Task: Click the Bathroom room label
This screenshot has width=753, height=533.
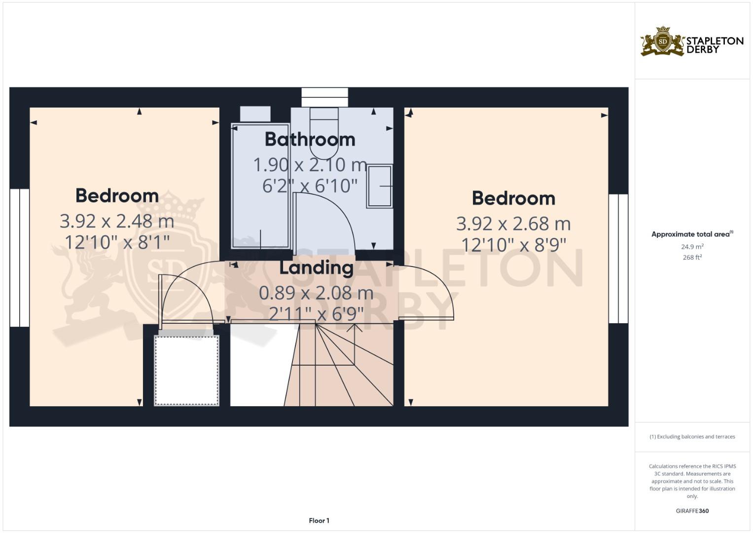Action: (310, 139)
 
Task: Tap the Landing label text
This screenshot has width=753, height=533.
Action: (316, 268)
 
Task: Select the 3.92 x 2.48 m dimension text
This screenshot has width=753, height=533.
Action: (117, 222)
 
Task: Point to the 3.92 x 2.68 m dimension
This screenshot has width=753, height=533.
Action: (513, 224)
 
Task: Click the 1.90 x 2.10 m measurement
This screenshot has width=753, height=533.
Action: (310, 165)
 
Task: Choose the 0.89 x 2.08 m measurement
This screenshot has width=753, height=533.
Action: (316, 293)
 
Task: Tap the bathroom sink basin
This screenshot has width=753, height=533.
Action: (380, 186)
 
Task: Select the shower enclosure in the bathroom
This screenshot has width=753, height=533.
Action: (260, 186)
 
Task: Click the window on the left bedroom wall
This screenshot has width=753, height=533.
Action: (20, 258)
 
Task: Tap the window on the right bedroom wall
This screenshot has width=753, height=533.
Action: (618, 259)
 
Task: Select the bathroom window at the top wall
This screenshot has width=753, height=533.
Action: (325, 97)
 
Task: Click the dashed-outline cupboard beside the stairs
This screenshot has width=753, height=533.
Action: (186, 370)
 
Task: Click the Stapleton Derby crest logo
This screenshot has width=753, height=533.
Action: (663, 42)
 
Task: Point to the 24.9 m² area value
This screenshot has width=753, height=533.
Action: (692, 247)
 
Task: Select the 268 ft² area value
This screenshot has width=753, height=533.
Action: (692, 258)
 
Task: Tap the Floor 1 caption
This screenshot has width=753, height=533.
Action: (319, 521)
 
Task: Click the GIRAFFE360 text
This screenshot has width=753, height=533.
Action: (692, 511)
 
